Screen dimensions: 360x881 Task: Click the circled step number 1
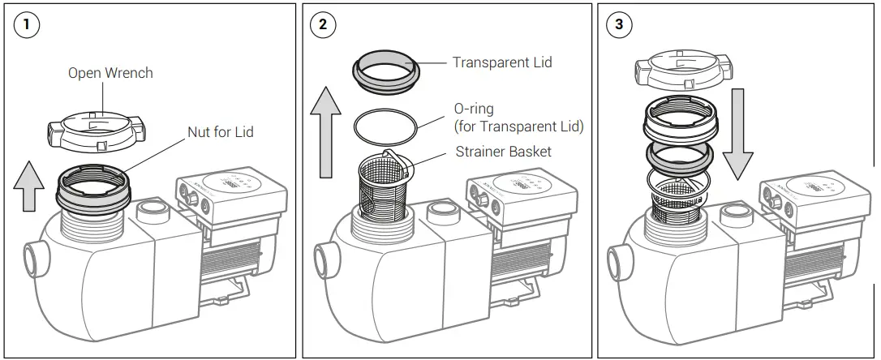tap(27, 24)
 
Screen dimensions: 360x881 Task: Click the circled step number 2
tap(323, 24)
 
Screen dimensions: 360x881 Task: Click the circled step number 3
tap(619, 24)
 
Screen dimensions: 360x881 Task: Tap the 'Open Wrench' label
tap(110, 73)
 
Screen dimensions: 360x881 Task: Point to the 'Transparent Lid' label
tap(502, 62)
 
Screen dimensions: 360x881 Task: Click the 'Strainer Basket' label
tap(503, 151)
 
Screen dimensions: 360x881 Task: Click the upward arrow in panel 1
tap(30, 187)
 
